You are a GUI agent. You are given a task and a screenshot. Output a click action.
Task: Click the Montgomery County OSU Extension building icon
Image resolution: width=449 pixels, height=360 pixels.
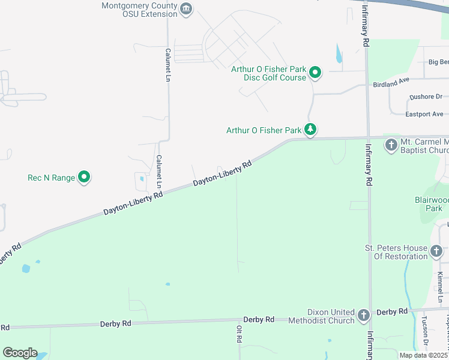tap(187, 8)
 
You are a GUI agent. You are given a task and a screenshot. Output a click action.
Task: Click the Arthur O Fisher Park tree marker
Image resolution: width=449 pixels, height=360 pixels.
tap(310, 130)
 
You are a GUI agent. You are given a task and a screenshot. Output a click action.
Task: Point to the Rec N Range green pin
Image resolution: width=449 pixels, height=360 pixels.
tap(85, 177)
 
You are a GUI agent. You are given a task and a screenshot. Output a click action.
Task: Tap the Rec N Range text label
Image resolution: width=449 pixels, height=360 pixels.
tap(51, 178)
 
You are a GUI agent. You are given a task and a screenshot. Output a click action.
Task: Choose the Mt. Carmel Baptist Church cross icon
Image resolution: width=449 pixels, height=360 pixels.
tap(391, 145)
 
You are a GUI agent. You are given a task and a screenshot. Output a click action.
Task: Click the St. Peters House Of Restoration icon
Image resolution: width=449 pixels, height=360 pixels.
tap(438, 251)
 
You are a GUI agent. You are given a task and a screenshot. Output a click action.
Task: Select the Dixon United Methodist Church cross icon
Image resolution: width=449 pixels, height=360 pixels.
tap(363, 315)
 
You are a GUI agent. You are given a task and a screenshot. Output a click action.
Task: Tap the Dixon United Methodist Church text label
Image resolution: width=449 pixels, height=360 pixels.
tap(331, 316)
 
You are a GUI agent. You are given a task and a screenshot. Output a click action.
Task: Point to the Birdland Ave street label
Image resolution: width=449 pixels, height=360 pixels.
tap(391, 83)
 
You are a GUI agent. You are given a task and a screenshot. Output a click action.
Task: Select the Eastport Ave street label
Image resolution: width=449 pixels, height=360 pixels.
tap(424, 114)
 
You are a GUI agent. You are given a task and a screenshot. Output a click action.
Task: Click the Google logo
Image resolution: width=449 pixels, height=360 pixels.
tap(20, 353)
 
